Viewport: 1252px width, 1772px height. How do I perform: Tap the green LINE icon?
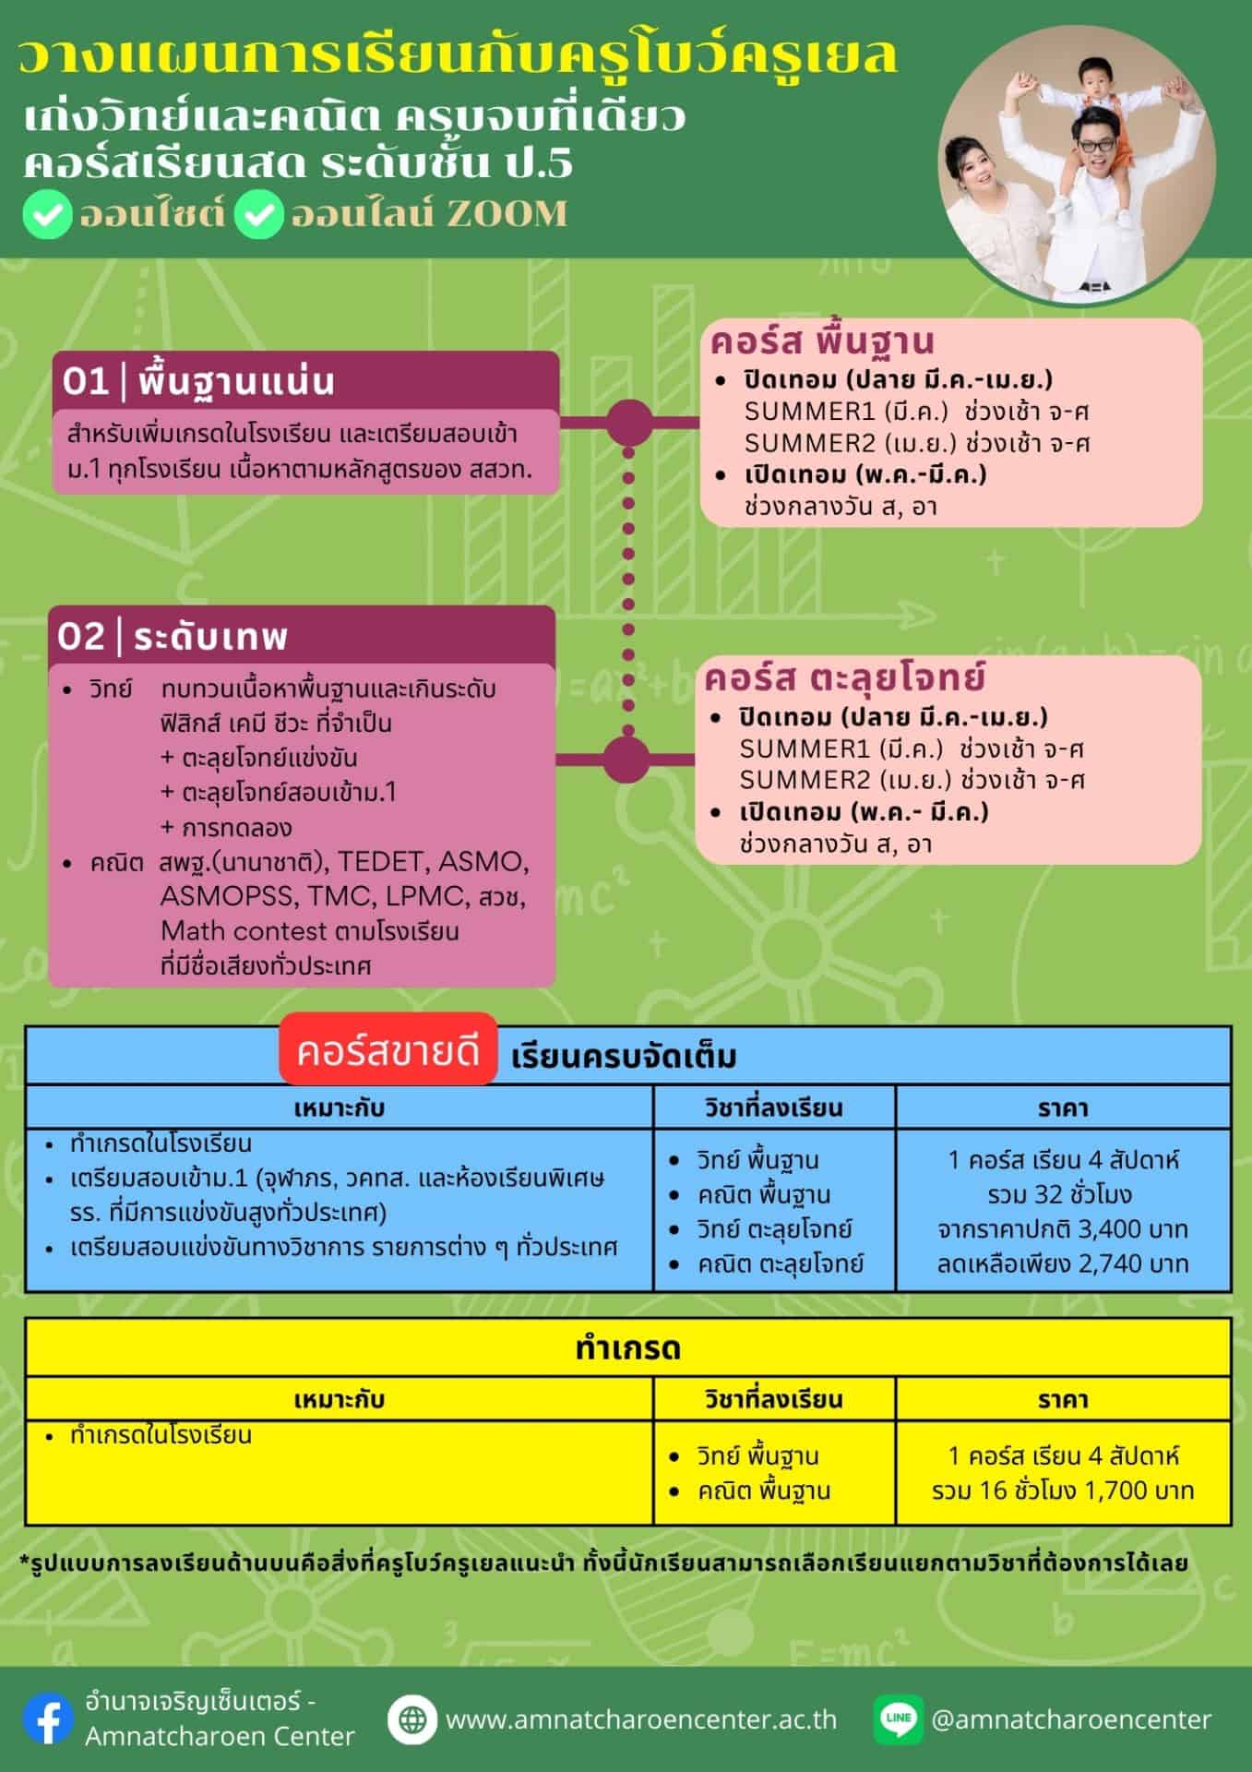pos(898,1718)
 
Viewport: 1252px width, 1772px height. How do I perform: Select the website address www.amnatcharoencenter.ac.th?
pos(641,1719)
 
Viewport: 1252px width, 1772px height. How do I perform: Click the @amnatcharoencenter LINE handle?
pos(1071,1719)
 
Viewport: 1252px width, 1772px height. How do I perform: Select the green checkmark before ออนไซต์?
pos(48,216)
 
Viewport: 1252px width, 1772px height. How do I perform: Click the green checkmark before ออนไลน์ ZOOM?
pos(258,216)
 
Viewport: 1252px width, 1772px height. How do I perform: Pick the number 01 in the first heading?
pos(86,382)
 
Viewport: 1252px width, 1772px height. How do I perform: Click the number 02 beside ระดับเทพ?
pos(81,637)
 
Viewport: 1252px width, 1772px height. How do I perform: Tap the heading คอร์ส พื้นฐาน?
pos(822,341)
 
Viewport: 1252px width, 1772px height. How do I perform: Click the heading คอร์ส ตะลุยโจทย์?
pos(845,678)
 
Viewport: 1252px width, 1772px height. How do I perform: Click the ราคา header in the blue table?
pos(1063,1107)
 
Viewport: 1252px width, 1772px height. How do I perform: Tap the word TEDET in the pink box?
pos(383,862)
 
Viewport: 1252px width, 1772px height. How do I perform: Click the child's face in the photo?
pos(1095,93)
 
